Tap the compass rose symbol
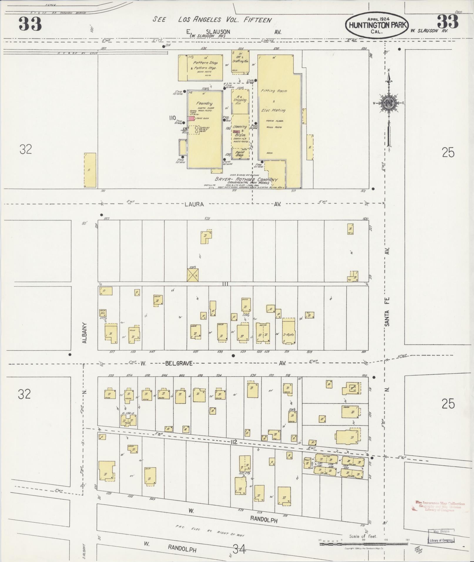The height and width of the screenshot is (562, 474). [388, 103]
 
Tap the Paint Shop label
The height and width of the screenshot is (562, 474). [240, 154]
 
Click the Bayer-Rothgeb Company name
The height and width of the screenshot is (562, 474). [246, 179]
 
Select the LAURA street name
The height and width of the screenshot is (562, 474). [194, 204]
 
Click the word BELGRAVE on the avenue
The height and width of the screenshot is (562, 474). [179, 363]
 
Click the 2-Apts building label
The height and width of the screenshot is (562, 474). [288, 335]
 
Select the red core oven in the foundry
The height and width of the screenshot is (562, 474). [191, 118]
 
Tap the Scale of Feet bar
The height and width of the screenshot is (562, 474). [363, 544]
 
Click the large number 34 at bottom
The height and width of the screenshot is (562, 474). [239, 548]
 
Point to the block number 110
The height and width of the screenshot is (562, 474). [172, 118]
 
